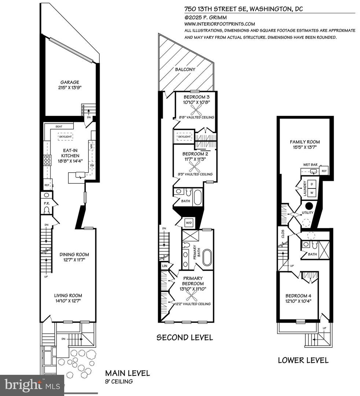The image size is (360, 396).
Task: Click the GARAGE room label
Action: [70, 82]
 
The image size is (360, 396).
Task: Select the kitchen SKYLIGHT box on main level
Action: [65, 136]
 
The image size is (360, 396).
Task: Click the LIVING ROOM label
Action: [68, 295]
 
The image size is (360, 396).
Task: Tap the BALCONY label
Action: [185, 69]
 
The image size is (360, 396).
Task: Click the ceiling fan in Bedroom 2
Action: [194, 167]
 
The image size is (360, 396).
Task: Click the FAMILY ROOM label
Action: [305, 142]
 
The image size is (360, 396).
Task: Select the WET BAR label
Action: [310, 165]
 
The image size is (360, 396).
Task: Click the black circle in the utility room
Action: [309, 206]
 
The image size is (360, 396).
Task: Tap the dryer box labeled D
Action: [312, 183]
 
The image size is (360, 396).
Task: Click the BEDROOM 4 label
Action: [300, 296]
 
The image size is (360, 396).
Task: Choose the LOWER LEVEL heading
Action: [303, 360]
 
